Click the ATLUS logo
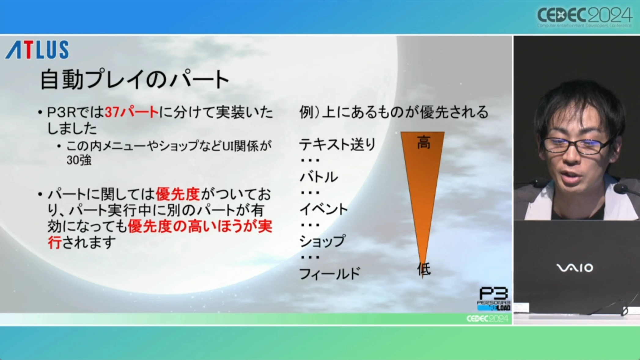click(37, 50)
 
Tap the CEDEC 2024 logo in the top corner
click(584, 17)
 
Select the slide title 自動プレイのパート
click(134, 79)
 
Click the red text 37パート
click(131, 112)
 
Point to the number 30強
click(79, 160)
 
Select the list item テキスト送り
click(337, 144)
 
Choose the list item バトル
click(319, 177)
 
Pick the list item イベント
click(323, 209)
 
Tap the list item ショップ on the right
click(322, 241)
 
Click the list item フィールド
click(330, 274)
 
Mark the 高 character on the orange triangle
click(424, 142)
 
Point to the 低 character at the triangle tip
click(424, 269)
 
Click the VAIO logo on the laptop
click(575, 268)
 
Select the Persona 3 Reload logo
click(494, 299)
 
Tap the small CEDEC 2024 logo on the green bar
click(487, 319)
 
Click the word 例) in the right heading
click(309, 112)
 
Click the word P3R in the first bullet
click(61, 112)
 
